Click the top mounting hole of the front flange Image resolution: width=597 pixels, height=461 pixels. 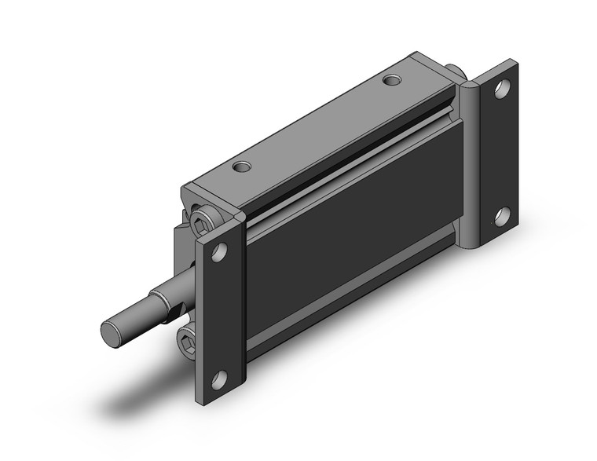point(219,253)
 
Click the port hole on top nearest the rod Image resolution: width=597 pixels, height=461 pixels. point(244,166)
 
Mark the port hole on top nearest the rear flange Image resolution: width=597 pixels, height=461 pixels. point(391,79)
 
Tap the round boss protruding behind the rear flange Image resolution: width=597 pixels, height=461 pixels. point(460,75)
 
